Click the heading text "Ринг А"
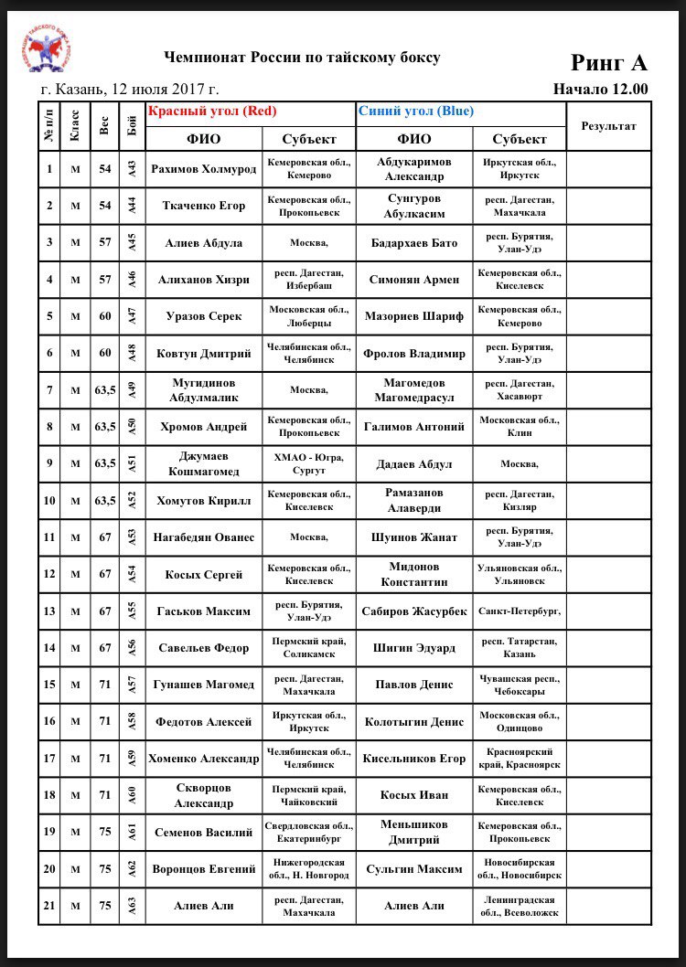[x=608, y=62]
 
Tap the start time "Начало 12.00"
[x=600, y=90]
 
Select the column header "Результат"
[x=608, y=126]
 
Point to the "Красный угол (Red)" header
[x=212, y=112]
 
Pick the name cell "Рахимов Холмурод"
[x=203, y=168]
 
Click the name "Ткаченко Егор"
[x=203, y=206]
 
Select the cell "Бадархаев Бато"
[x=414, y=242]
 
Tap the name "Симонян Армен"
[x=414, y=280]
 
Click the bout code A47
[x=133, y=316]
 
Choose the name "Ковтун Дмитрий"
[x=203, y=353]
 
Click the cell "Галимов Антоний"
[x=414, y=427]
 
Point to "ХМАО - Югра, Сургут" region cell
[x=308, y=463]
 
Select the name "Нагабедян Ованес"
[x=203, y=537]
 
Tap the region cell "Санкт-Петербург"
[x=520, y=611]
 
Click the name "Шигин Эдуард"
[x=414, y=648]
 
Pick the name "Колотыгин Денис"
[x=414, y=722]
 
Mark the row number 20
[x=49, y=869]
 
